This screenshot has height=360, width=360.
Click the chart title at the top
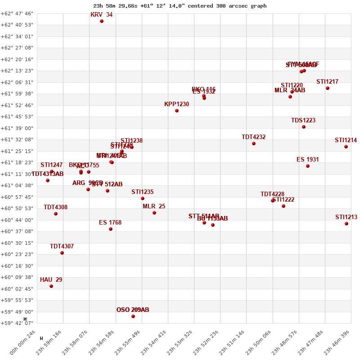coord(180,6)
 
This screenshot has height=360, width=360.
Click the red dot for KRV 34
coord(102,21)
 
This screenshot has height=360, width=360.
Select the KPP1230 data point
coord(177,111)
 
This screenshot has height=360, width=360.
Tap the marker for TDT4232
coord(254,144)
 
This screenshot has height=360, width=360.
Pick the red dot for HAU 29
coord(51,286)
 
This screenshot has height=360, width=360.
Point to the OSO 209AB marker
coord(133,316)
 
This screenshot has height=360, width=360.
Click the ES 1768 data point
coord(111,229)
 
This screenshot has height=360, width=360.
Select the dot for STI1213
coord(346,224)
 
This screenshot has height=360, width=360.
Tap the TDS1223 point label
coord(303,121)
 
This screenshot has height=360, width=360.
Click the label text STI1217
coord(327,82)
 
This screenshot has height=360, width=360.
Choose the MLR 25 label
coord(154,207)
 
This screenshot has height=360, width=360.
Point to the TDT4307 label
coord(62,247)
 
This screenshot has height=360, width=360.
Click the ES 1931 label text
coord(308,160)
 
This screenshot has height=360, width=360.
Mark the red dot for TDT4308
coord(56,214)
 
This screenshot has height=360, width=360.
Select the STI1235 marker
coord(143,198)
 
